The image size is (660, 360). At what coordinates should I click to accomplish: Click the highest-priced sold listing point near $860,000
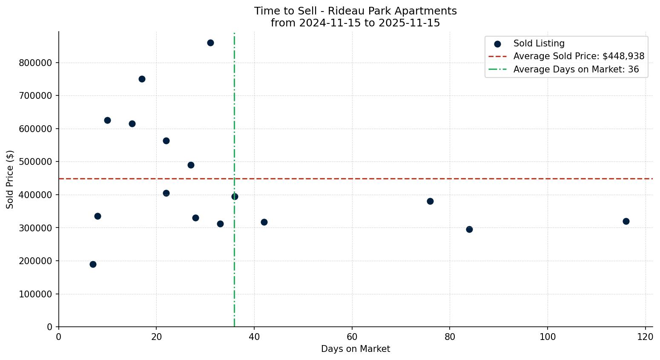point(210,43)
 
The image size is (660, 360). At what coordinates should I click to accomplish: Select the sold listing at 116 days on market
point(626,221)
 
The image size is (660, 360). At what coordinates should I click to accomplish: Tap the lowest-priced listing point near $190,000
point(93,264)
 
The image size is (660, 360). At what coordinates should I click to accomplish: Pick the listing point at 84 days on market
point(469,229)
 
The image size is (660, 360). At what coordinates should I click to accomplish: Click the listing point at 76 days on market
point(430,201)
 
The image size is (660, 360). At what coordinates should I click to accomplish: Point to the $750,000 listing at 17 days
point(142,79)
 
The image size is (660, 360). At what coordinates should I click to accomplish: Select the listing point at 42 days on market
point(264,222)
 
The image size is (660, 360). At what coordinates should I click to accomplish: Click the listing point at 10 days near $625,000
point(107,120)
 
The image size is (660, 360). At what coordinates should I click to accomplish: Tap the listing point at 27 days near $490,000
point(191,165)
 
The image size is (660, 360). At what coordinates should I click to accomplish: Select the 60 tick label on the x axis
point(352,337)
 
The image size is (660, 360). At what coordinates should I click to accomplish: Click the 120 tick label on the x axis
point(646,337)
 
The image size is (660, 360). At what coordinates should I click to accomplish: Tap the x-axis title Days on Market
point(356,349)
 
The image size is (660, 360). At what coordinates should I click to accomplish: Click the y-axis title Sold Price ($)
point(10,179)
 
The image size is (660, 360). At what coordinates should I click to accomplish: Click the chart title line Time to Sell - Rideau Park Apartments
point(356,11)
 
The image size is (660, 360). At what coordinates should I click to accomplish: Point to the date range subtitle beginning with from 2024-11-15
point(356,23)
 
